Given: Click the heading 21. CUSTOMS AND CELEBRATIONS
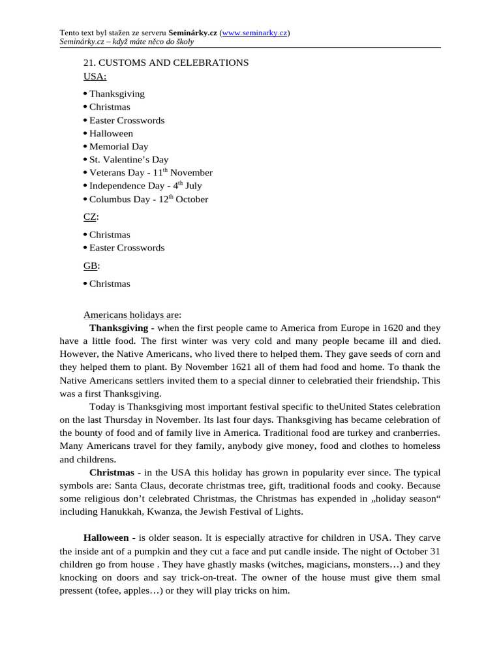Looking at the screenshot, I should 166,63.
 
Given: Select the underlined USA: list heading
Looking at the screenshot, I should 95,76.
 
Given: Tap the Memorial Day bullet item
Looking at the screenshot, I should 118,147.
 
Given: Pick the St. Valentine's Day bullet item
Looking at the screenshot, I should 129,160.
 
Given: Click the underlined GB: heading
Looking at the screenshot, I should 91,266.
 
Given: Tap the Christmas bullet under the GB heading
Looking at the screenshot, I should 110,284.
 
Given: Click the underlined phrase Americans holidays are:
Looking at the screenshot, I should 132,314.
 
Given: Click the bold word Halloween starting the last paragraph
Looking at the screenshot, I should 106,538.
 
